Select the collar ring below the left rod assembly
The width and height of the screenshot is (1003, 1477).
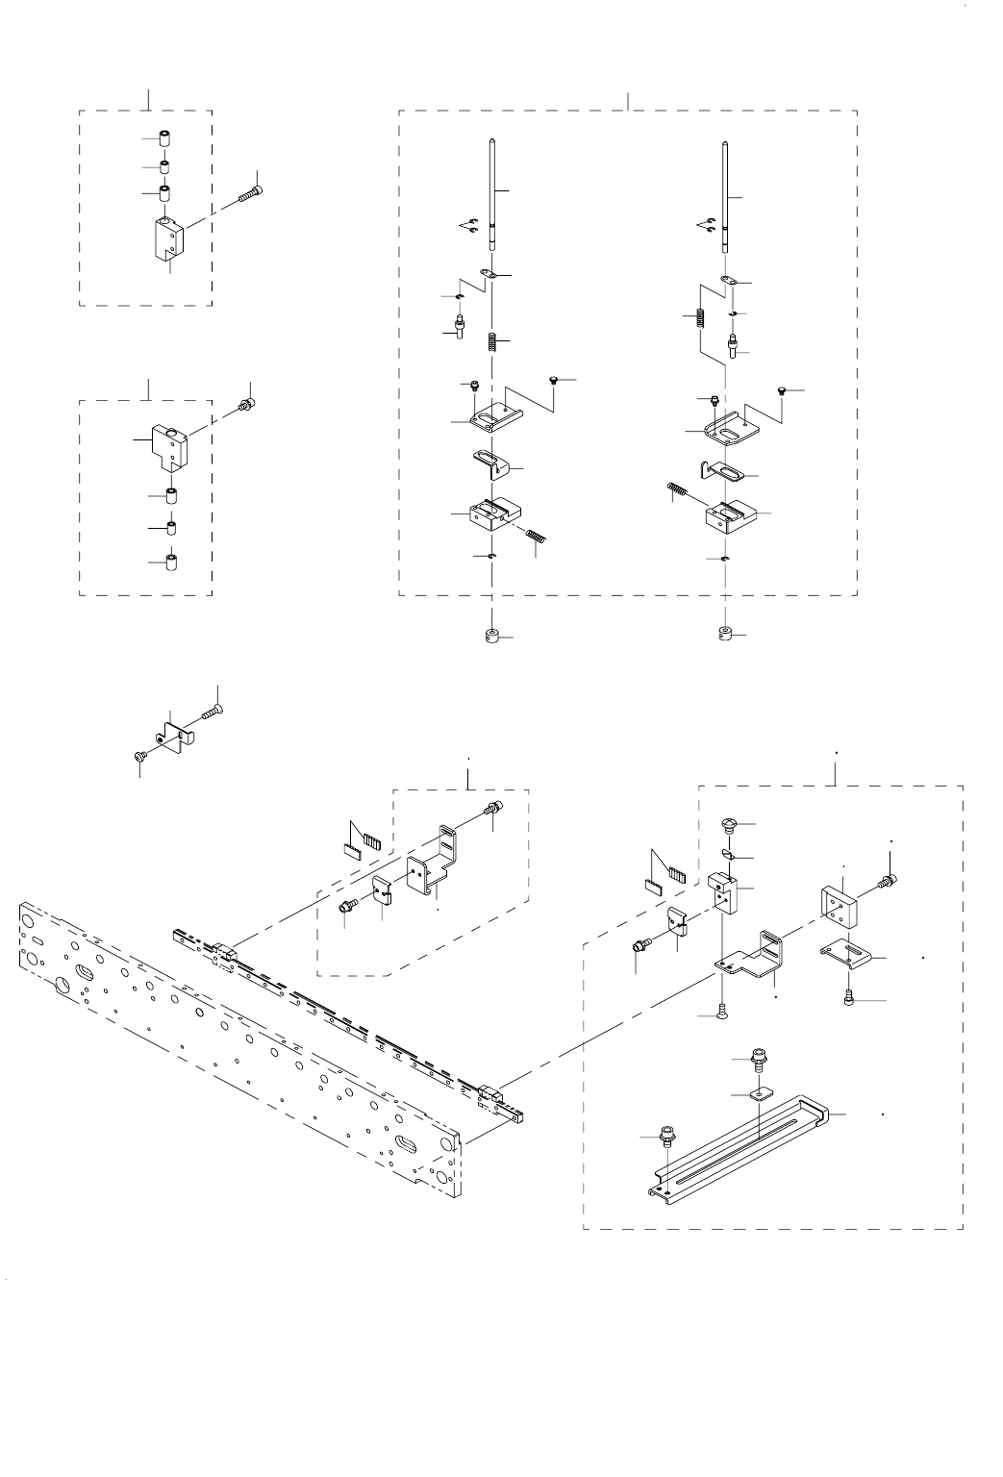pos(491,636)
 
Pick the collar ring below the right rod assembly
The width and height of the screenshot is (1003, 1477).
pos(725,634)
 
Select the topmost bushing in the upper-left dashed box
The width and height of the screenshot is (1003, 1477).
pos(164,138)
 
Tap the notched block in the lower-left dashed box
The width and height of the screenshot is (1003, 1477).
pos(168,442)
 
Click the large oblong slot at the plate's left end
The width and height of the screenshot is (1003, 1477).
pos(86,969)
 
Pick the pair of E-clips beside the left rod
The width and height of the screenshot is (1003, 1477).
pos(469,227)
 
